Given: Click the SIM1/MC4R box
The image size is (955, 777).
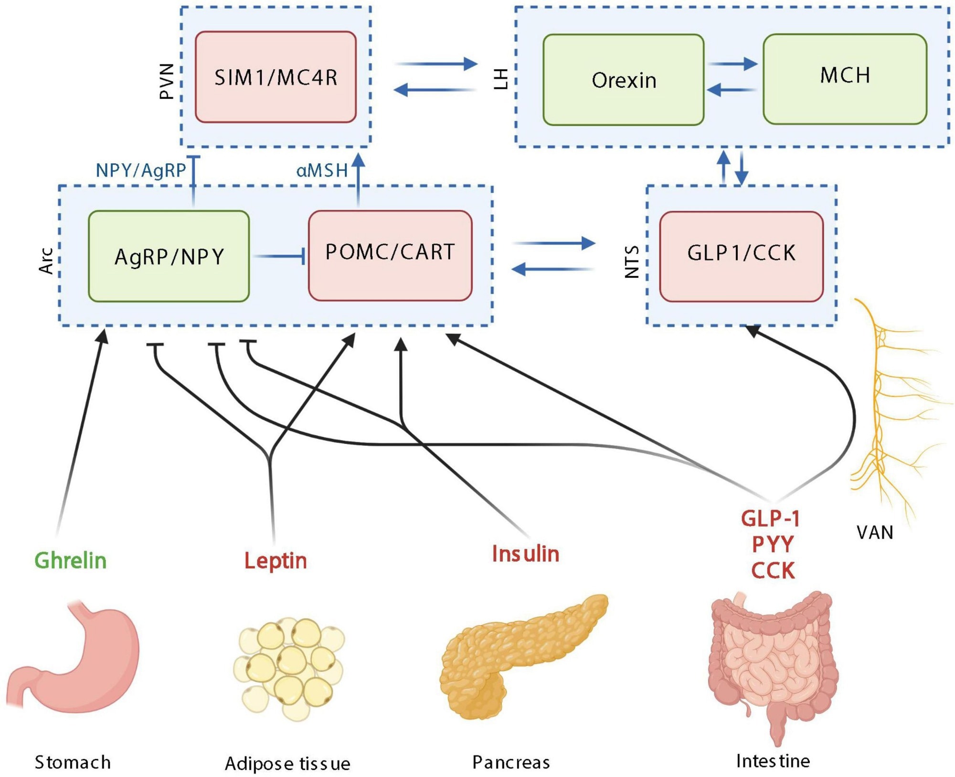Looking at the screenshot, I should point(276,77).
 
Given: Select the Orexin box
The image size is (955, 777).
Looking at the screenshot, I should point(623,80).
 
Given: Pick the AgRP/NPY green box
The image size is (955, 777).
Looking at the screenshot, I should point(169,256).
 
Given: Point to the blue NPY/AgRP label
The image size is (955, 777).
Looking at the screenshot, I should point(140,170).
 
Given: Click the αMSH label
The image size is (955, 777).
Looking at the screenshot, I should point(322,170).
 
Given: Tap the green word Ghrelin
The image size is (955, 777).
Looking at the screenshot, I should point(70,560).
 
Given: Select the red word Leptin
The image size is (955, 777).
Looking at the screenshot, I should point(276,560).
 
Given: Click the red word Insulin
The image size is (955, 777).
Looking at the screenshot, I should point(525,554).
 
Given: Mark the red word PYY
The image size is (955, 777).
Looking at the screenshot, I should point(772,544).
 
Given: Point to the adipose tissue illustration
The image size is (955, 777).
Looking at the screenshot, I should point(289,668).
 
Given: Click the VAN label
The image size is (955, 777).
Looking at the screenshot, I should point(875,532).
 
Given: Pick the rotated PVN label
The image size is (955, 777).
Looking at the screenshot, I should point(166,81).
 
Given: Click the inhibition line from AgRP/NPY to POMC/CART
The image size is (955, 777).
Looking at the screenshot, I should point(279,257).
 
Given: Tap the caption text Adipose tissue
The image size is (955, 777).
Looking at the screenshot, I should point(287,764).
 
